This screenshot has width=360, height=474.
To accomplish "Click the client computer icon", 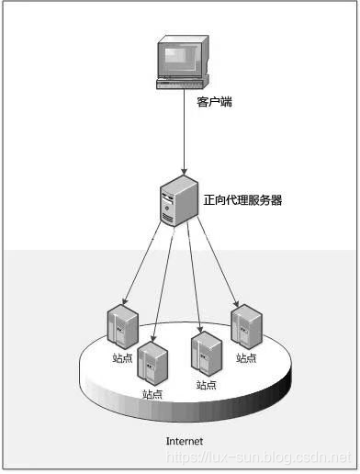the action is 183,62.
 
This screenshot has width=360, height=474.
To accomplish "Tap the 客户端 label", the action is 214,102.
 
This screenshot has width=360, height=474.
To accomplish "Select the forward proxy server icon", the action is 179,201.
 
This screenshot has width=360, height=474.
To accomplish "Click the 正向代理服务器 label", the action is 242,200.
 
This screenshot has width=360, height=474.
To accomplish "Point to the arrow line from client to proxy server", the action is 184,131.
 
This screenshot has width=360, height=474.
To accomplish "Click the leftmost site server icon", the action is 123,327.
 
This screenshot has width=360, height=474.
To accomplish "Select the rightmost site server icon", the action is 246,327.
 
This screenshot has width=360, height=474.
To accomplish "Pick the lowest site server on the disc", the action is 152,363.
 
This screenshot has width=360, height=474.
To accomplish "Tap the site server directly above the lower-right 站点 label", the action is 207,354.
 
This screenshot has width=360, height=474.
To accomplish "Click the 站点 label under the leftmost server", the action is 122,357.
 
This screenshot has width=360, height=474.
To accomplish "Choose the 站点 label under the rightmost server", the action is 246,357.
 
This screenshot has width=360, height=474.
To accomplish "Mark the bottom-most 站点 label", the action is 152,394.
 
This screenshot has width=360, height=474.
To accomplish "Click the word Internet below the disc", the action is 185,441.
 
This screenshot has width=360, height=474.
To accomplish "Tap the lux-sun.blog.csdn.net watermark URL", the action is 258,457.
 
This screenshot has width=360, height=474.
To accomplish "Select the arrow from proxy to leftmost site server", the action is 141,263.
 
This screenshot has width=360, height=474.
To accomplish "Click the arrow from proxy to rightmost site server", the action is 218,262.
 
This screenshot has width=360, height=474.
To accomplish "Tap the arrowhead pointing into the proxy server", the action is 184,171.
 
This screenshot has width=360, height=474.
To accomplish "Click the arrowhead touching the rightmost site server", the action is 236,303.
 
